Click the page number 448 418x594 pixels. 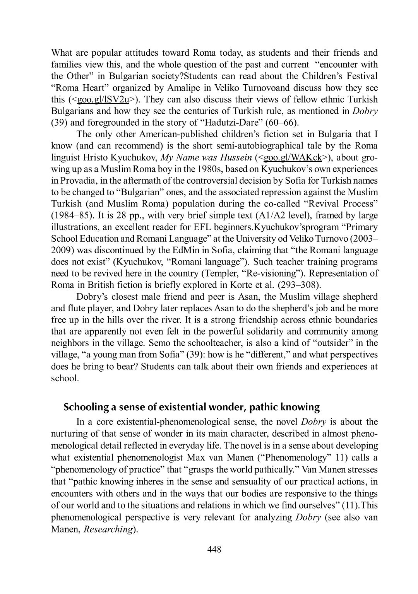214,549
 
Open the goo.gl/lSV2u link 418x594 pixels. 103,99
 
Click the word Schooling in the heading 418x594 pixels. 86,407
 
